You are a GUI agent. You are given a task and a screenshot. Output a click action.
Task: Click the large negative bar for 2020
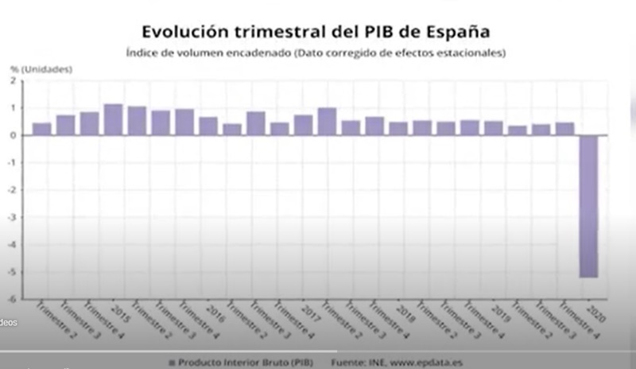point(588,206)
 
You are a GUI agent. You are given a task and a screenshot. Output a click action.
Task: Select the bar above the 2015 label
point(113,119)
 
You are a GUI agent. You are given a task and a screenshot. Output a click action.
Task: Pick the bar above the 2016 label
point(208,126)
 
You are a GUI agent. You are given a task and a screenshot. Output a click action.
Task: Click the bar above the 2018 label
point(398,128)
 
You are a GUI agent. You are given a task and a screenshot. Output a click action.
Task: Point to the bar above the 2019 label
point(494,128)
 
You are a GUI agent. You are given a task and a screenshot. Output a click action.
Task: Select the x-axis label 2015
point(118,310)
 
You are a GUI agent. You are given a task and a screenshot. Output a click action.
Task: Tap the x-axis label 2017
point(309,310)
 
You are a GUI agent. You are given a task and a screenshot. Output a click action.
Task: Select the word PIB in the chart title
point(366,31)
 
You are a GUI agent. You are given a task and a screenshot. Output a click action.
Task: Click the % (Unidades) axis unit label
point(41,69)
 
